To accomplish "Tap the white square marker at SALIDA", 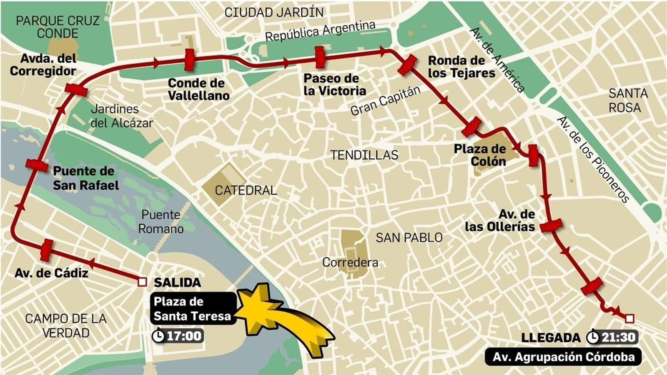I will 142,282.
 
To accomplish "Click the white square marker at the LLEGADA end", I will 629,319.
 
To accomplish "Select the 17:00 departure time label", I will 178,336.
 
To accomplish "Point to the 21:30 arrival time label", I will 612,337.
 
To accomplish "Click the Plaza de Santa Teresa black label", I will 192,308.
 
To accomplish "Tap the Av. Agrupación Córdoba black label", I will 563,357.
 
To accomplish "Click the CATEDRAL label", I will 246,190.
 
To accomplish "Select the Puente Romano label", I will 161,222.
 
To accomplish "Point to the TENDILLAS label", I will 364,155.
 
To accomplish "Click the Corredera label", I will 350,262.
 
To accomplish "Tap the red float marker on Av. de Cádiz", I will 46,250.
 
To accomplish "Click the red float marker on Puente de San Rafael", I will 37,165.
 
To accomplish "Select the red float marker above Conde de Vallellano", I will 190,60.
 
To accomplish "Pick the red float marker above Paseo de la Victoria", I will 320,57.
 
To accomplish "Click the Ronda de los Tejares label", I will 461,67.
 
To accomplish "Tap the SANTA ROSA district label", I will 628,100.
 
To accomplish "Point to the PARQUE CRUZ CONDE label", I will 58,27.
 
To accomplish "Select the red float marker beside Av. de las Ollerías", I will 551,225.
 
